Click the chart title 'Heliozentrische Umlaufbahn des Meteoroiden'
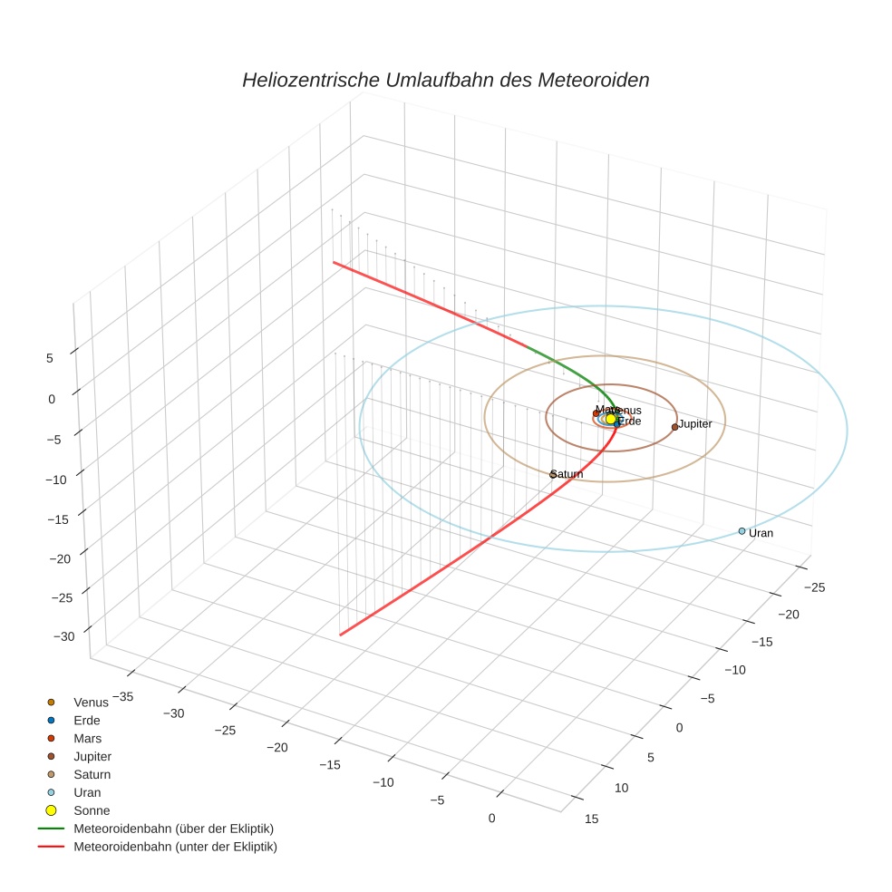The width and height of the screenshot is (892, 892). point(445,80)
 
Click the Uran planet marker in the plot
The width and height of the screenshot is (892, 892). point(742,531)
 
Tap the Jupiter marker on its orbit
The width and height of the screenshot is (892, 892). point(674,427)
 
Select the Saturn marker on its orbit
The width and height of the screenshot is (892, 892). point(553,474)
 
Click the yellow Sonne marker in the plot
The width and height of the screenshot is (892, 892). point(611,420)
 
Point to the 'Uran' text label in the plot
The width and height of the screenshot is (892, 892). point(761,533)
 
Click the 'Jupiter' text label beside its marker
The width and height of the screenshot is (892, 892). point(695,423)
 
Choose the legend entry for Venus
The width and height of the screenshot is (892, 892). point(91,703)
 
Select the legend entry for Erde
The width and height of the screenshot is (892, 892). point(87,721)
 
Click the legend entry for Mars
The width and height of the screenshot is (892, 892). point(87,739)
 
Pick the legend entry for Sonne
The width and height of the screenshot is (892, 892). point(91,810)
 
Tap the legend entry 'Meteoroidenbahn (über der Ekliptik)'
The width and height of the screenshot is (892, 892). point(173,829)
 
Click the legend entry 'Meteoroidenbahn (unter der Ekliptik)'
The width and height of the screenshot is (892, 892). point(175,847)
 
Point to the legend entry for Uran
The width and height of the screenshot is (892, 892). point(87,792)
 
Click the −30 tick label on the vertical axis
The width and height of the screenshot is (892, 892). point(63,637)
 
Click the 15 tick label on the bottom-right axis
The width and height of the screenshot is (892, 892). point(592,819)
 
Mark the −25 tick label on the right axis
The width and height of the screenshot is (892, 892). point(814,587)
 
